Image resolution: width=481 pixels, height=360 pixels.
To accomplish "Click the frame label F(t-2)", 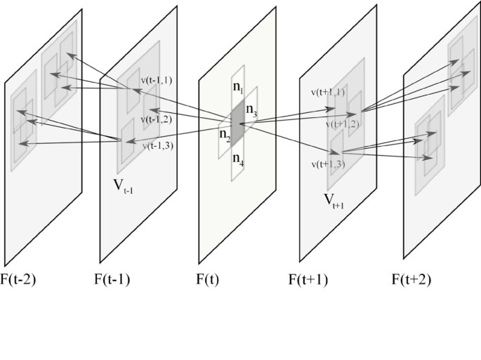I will click(20, 279).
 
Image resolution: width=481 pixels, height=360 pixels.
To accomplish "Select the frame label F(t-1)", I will click(112, 279).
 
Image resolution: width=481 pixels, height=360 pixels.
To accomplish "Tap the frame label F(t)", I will click(207, 279).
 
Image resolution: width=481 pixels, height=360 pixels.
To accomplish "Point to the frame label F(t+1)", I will click(308, 279).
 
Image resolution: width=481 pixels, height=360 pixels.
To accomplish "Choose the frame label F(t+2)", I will click(411, 279).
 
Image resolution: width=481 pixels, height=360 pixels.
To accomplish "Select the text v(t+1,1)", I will click(328, 92).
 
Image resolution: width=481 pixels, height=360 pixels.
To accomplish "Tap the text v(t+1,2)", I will click(343, 124).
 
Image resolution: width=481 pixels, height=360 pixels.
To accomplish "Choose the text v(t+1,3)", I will click(328, 164).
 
